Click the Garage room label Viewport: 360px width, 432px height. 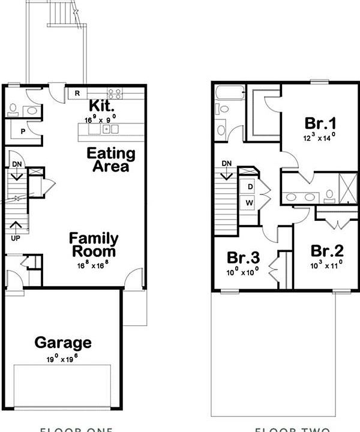[x=63, y=343]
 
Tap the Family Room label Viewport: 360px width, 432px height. [x=93, y=245]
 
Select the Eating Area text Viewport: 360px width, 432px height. [x=111, y=160]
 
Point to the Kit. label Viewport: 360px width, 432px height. [x=102, y=106]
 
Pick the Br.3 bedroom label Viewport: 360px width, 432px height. [x=243, y=258]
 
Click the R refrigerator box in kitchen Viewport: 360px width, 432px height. [x=77, y=93]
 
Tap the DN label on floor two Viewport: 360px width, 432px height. [x=227, y=163]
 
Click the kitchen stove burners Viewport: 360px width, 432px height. [x=115, y=93]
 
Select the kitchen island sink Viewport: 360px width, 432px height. [x=106, y=128]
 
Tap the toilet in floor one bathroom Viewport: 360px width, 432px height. [x=13, y=109]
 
